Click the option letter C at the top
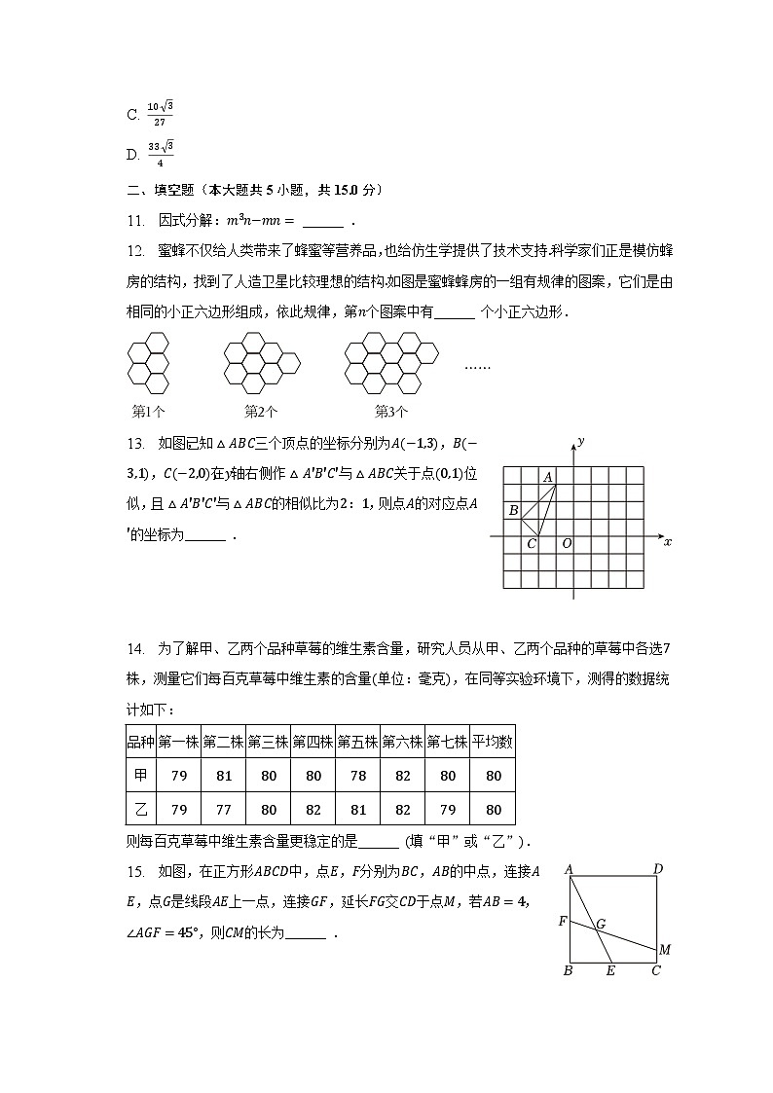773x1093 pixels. pos(132,115)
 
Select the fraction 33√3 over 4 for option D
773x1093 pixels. pos(161,154)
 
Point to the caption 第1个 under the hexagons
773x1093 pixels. pos(148,411)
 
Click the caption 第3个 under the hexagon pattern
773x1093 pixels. pos(391,411)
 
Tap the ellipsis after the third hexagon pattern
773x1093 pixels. pos(477,367)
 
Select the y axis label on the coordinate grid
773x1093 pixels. pos(580,441)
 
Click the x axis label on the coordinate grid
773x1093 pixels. pos(667,542)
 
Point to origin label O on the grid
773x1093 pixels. pos(567,543)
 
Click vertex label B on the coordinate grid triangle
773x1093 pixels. pos(513,510)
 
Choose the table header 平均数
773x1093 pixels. pos(493,742)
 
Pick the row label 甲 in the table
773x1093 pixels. pos(141,776)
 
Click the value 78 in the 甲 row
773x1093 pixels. pos(357,776)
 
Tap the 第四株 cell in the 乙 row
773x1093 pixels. pos(313,810)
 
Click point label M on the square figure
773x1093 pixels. pos(664,949)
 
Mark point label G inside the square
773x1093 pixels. pos(601,923)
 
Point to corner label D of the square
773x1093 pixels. pos(658,869)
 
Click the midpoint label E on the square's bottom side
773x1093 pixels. pos(610,970)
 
